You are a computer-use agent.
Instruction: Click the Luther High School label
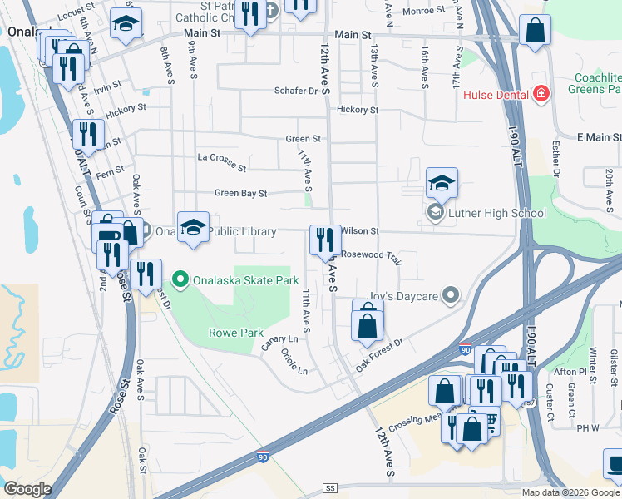[x=496, y=213]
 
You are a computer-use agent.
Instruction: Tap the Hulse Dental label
[x=496, y=94]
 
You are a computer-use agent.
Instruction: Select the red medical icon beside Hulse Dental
[x=541, y=94]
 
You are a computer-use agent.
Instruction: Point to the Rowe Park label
[x=234, y=333]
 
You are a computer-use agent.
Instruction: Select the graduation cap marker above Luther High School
[x=442, y=184]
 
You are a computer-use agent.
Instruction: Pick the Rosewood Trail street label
[x=372, y=256]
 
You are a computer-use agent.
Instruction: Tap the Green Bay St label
[x=240, y=193]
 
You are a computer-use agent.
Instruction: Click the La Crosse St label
[x=222, y=161]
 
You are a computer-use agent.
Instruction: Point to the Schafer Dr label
[x=297, y=91]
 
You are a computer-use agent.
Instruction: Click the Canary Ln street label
[x=280, y=341]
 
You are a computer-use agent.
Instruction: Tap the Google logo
[x=27, y=489]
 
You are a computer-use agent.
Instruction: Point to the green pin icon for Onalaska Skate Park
[x=179, y=280]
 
